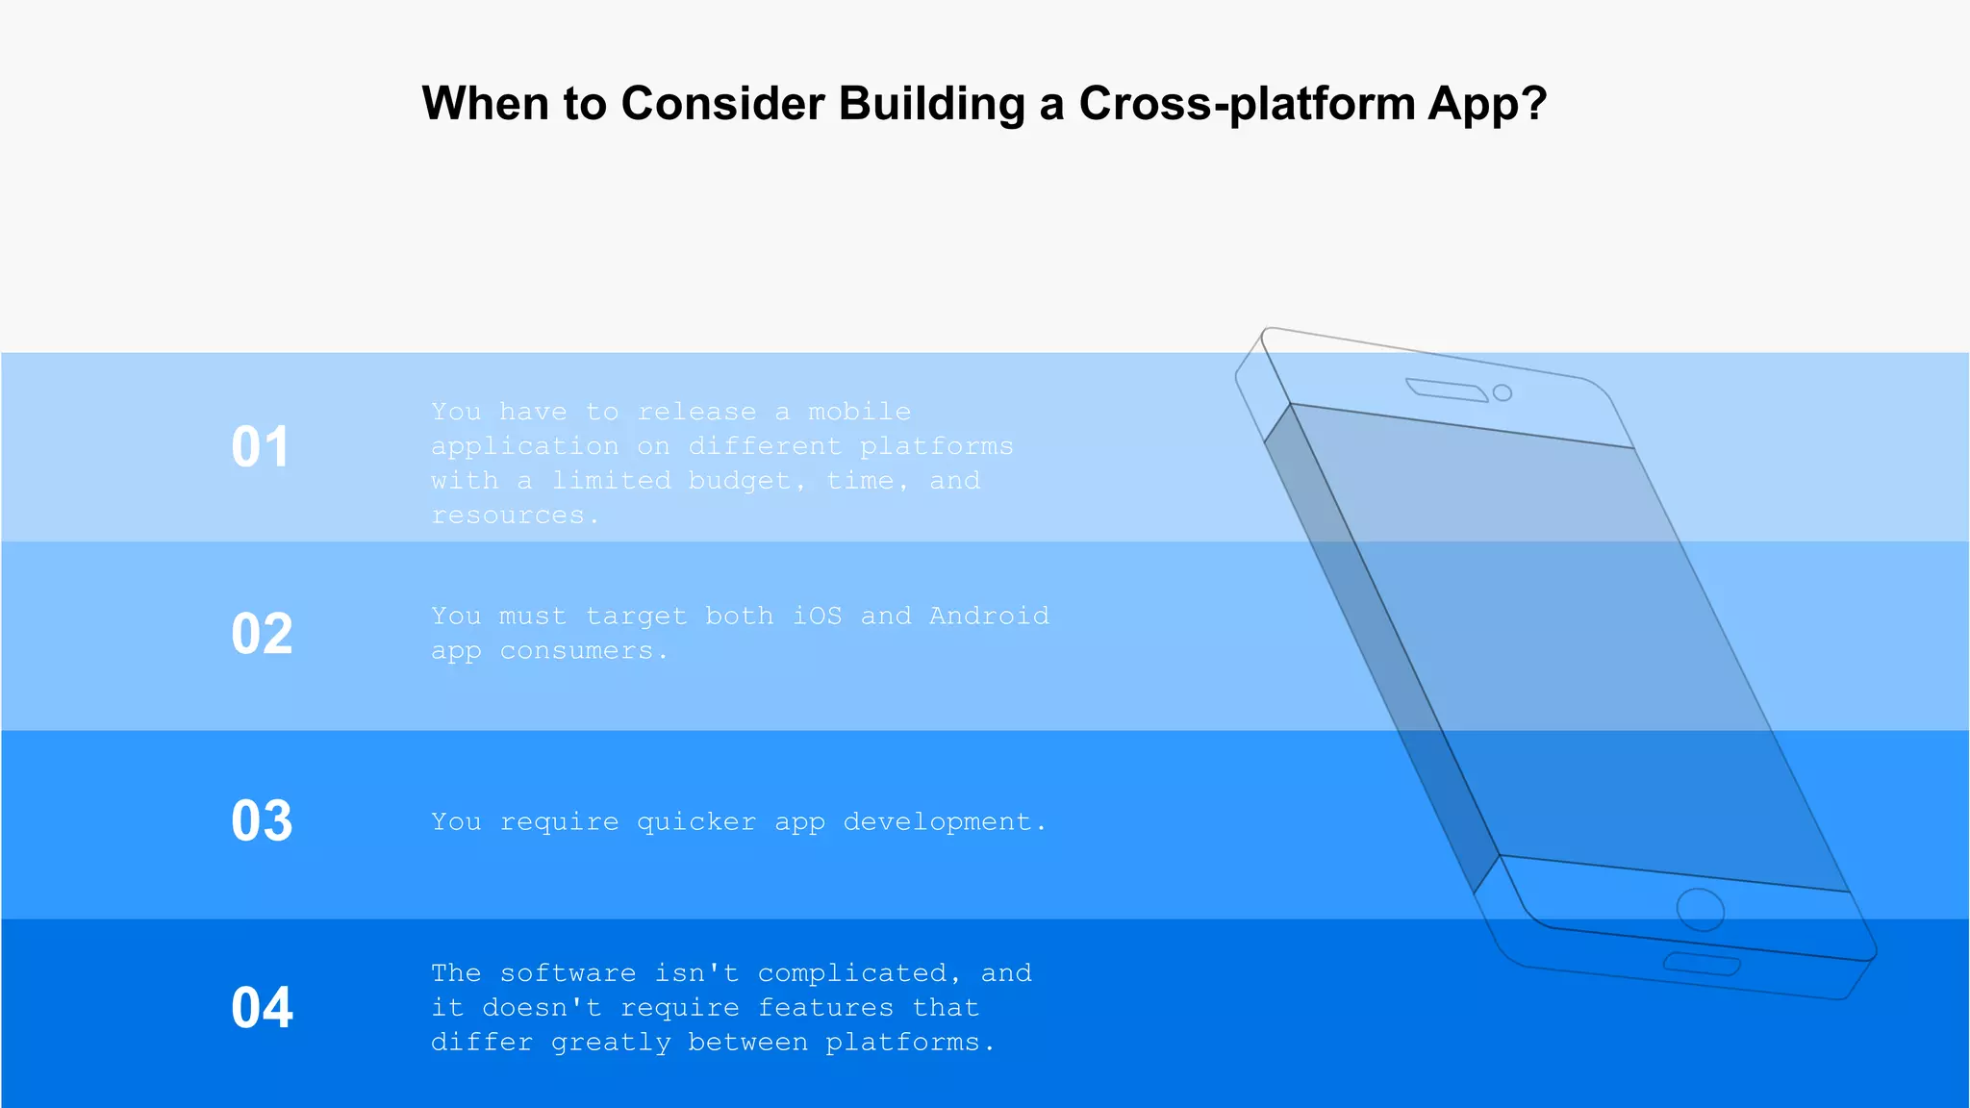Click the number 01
pos(260,447)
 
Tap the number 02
pos(262,635)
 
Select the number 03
pos(262,821)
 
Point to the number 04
pos(262,1008)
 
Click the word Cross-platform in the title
pos(1246,104)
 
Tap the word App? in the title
pos(1487,104)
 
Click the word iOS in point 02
pos(817,616)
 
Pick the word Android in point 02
pos(989,616)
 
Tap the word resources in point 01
pos(508,516)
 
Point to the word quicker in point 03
pos(695,822)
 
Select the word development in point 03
pos(937,822)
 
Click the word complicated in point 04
pos(851,973)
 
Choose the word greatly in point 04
pos(611,1043)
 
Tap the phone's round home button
pos(1700,910)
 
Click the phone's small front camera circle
pos(1502,392)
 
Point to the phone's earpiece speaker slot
pos(1446,389)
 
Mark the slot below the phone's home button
pos(1702,965)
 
